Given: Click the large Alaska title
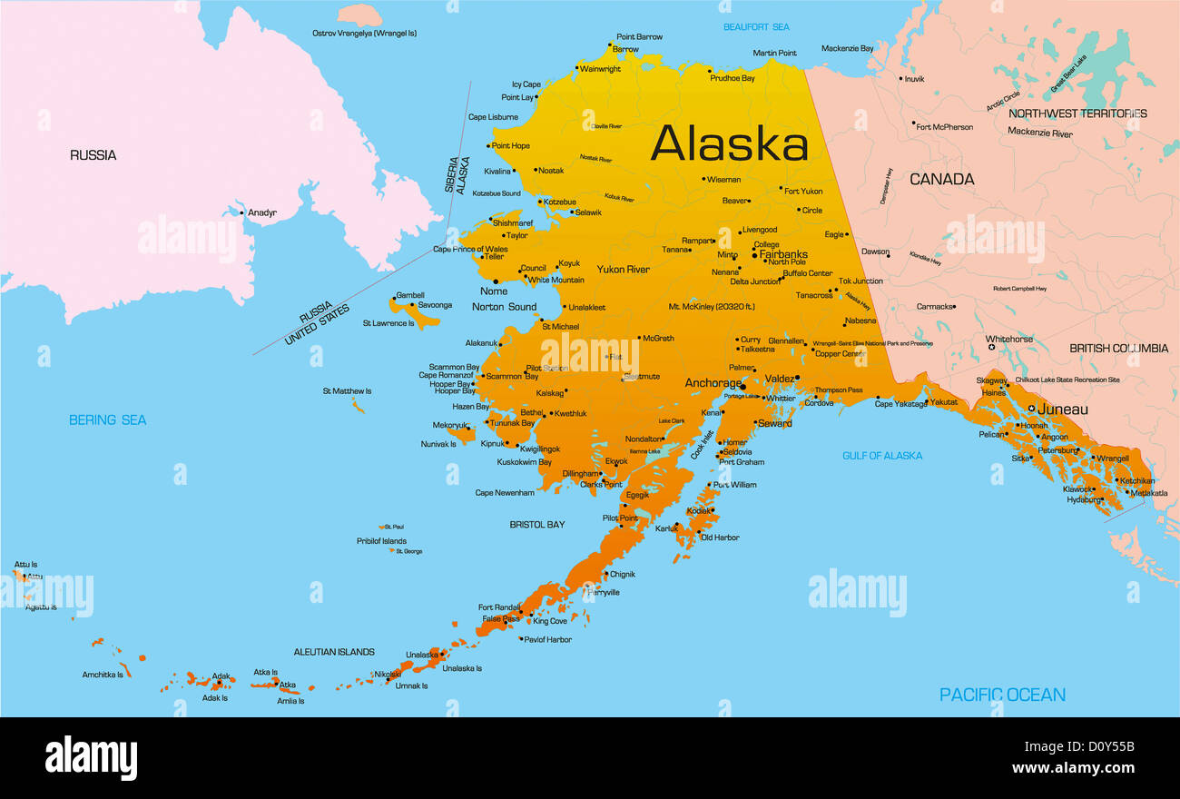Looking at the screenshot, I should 729,143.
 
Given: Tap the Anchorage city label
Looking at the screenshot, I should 713,383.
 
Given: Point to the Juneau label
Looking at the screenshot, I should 1062,409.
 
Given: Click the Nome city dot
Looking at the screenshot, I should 496,281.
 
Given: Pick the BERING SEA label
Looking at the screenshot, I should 107,419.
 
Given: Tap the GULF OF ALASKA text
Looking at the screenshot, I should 881,456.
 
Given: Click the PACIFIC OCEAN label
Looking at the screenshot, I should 1002,695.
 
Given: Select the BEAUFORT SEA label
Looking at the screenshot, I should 755,27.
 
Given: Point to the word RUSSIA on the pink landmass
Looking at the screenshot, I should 93,155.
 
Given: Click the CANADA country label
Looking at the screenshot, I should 941,180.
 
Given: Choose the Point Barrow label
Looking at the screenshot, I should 639,37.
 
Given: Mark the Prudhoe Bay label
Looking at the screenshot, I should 733,79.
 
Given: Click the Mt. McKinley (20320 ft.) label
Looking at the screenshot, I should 711,307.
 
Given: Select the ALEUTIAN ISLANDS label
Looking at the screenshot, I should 333,652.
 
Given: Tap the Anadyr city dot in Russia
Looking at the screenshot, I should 241,213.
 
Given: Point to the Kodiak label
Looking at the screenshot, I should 699,511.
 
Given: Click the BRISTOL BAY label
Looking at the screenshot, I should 536,525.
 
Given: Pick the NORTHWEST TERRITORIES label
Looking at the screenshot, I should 1077,113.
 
